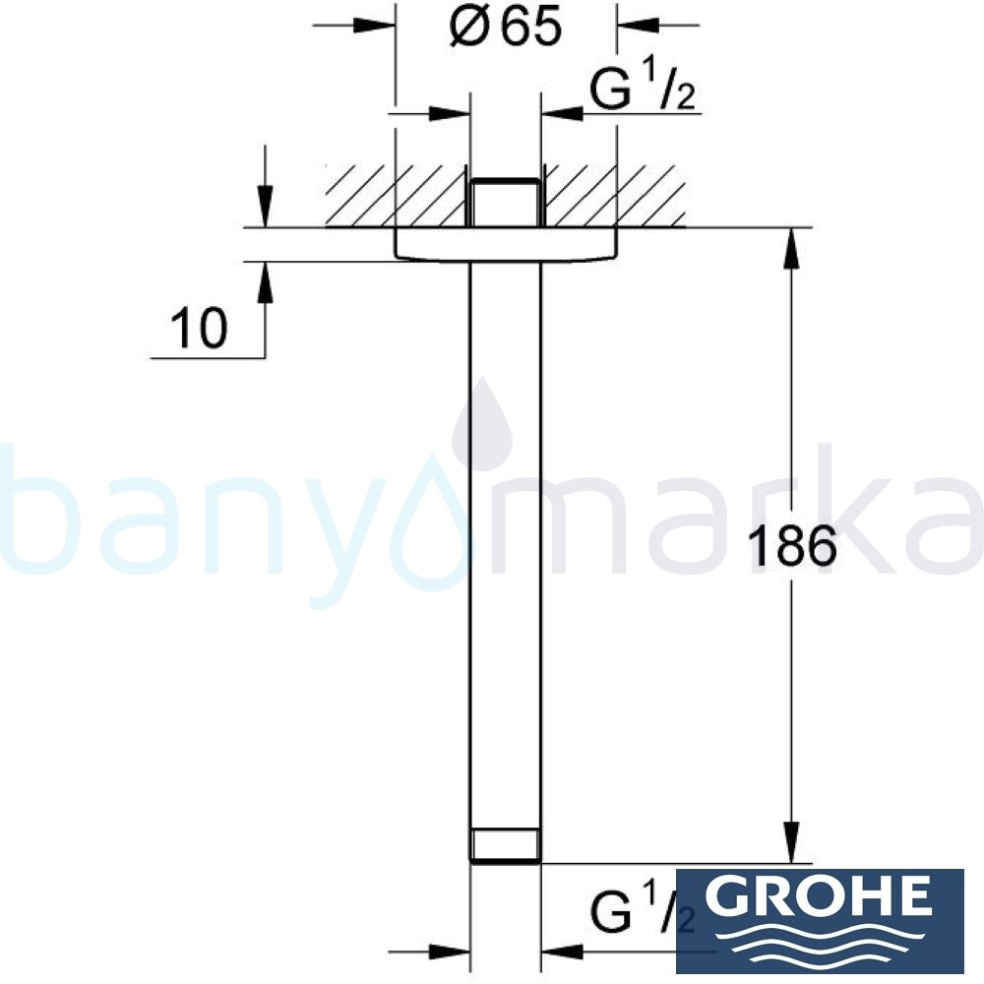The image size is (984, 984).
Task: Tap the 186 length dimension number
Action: [x=791, y=547]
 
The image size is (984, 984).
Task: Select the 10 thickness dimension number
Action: [x=198, y=329]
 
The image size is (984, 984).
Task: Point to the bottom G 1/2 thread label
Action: [x=642, y=912]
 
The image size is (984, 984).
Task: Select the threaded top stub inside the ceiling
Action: [x=506, y=204]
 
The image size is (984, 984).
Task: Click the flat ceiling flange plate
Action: [x=506, y=245]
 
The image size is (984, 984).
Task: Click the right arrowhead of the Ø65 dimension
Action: [x=630, y=27]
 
